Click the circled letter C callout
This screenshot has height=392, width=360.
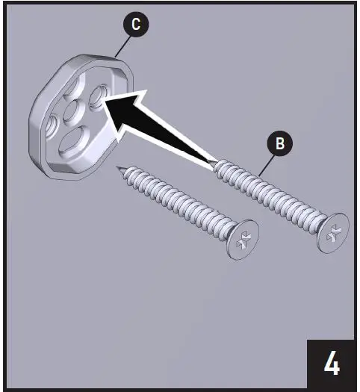[134, 24]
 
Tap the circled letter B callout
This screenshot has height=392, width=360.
[280, 144]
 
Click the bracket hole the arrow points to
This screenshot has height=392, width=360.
[99, 97]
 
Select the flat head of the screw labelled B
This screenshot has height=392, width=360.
[332, 232]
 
